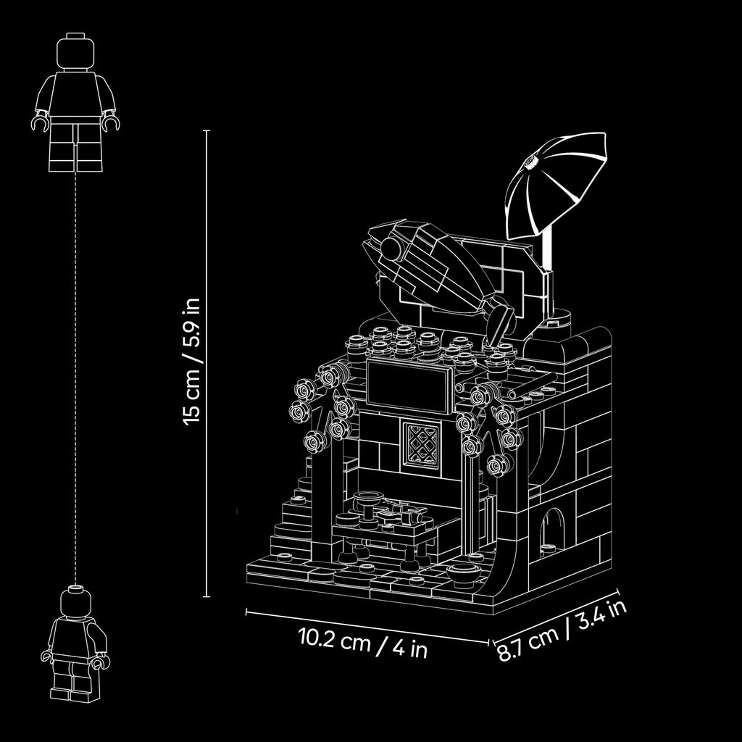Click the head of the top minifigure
(75, 52)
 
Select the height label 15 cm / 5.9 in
(192, 362)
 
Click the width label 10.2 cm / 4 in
(363, 642)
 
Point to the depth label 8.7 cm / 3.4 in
(562, 631)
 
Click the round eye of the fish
(391, 248)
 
